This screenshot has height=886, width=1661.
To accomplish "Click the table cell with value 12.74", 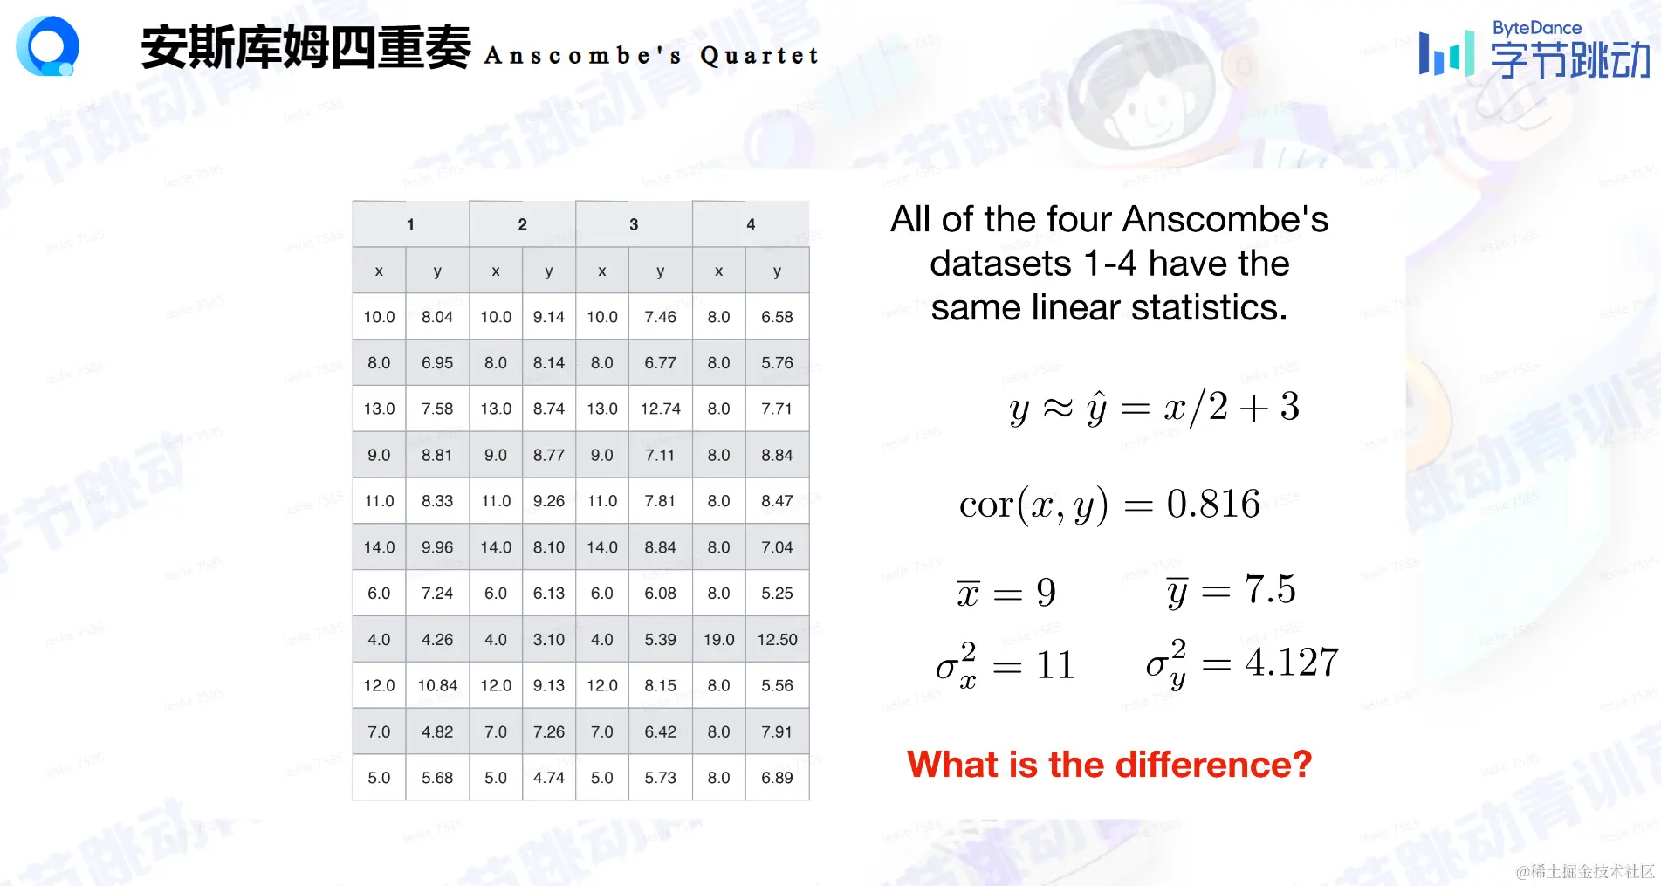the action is [660, 409].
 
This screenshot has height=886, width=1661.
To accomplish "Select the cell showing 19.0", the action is [718, 639].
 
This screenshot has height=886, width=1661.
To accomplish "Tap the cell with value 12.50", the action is [777, 639].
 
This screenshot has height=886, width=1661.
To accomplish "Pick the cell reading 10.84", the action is [437, 685].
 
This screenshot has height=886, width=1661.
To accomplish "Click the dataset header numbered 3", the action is [634, 224].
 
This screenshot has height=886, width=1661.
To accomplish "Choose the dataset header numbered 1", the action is [410, 224].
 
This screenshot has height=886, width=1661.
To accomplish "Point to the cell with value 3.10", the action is [549, 639].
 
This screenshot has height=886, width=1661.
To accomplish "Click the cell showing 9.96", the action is [437, 547].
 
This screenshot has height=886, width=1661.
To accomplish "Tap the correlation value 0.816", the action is [1213, 504].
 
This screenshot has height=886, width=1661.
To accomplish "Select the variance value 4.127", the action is [1292, 663].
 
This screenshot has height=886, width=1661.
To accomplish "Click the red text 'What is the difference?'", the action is [1109, 765].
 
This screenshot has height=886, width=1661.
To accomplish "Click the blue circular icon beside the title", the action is [48, 46].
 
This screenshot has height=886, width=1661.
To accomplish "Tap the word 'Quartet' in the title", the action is [759, 56].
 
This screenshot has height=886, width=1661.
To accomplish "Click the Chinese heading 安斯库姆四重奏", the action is [305, 47].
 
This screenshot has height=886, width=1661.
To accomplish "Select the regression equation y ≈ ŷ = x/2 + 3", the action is [1154, 408].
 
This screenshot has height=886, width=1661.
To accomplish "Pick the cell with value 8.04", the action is [437, 317].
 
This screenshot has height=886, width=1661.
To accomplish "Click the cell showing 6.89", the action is [777, 778].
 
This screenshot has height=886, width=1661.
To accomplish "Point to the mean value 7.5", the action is [1270, 590].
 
